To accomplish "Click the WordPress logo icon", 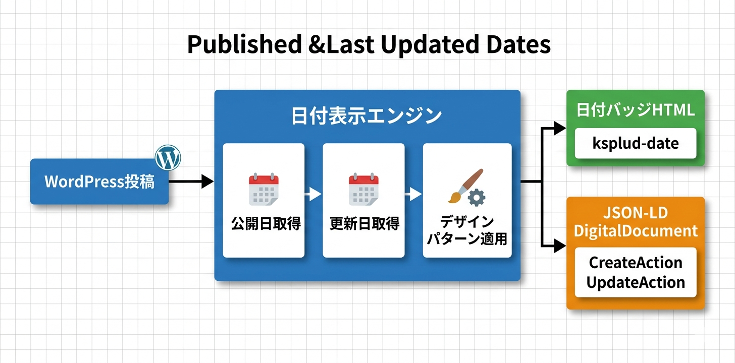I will (x=168, y=158).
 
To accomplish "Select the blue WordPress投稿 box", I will (x=99, y=182).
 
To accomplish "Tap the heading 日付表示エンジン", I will (x=367, y=116).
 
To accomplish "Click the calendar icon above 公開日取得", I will (x=264, y=190).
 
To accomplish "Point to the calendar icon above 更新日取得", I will (x=363, y=190).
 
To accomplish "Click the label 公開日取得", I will (x=264, y=224).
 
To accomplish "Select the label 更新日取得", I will (x=363, y=224).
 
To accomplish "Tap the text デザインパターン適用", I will (x=467, y=230).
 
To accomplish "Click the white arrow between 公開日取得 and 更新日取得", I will (x=313, y=194).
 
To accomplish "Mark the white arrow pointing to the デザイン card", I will (x=413, y=194).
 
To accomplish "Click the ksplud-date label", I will (x=636, y=143).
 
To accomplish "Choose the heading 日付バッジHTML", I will (x=636, y=110).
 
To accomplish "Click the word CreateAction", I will (x=636, y=263).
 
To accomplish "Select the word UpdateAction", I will (x=636, y=282).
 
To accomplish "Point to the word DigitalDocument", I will (x=636, y=231).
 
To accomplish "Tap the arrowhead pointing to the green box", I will (x=559, y=128).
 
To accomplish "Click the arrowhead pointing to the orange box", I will (x=559, y=246).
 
